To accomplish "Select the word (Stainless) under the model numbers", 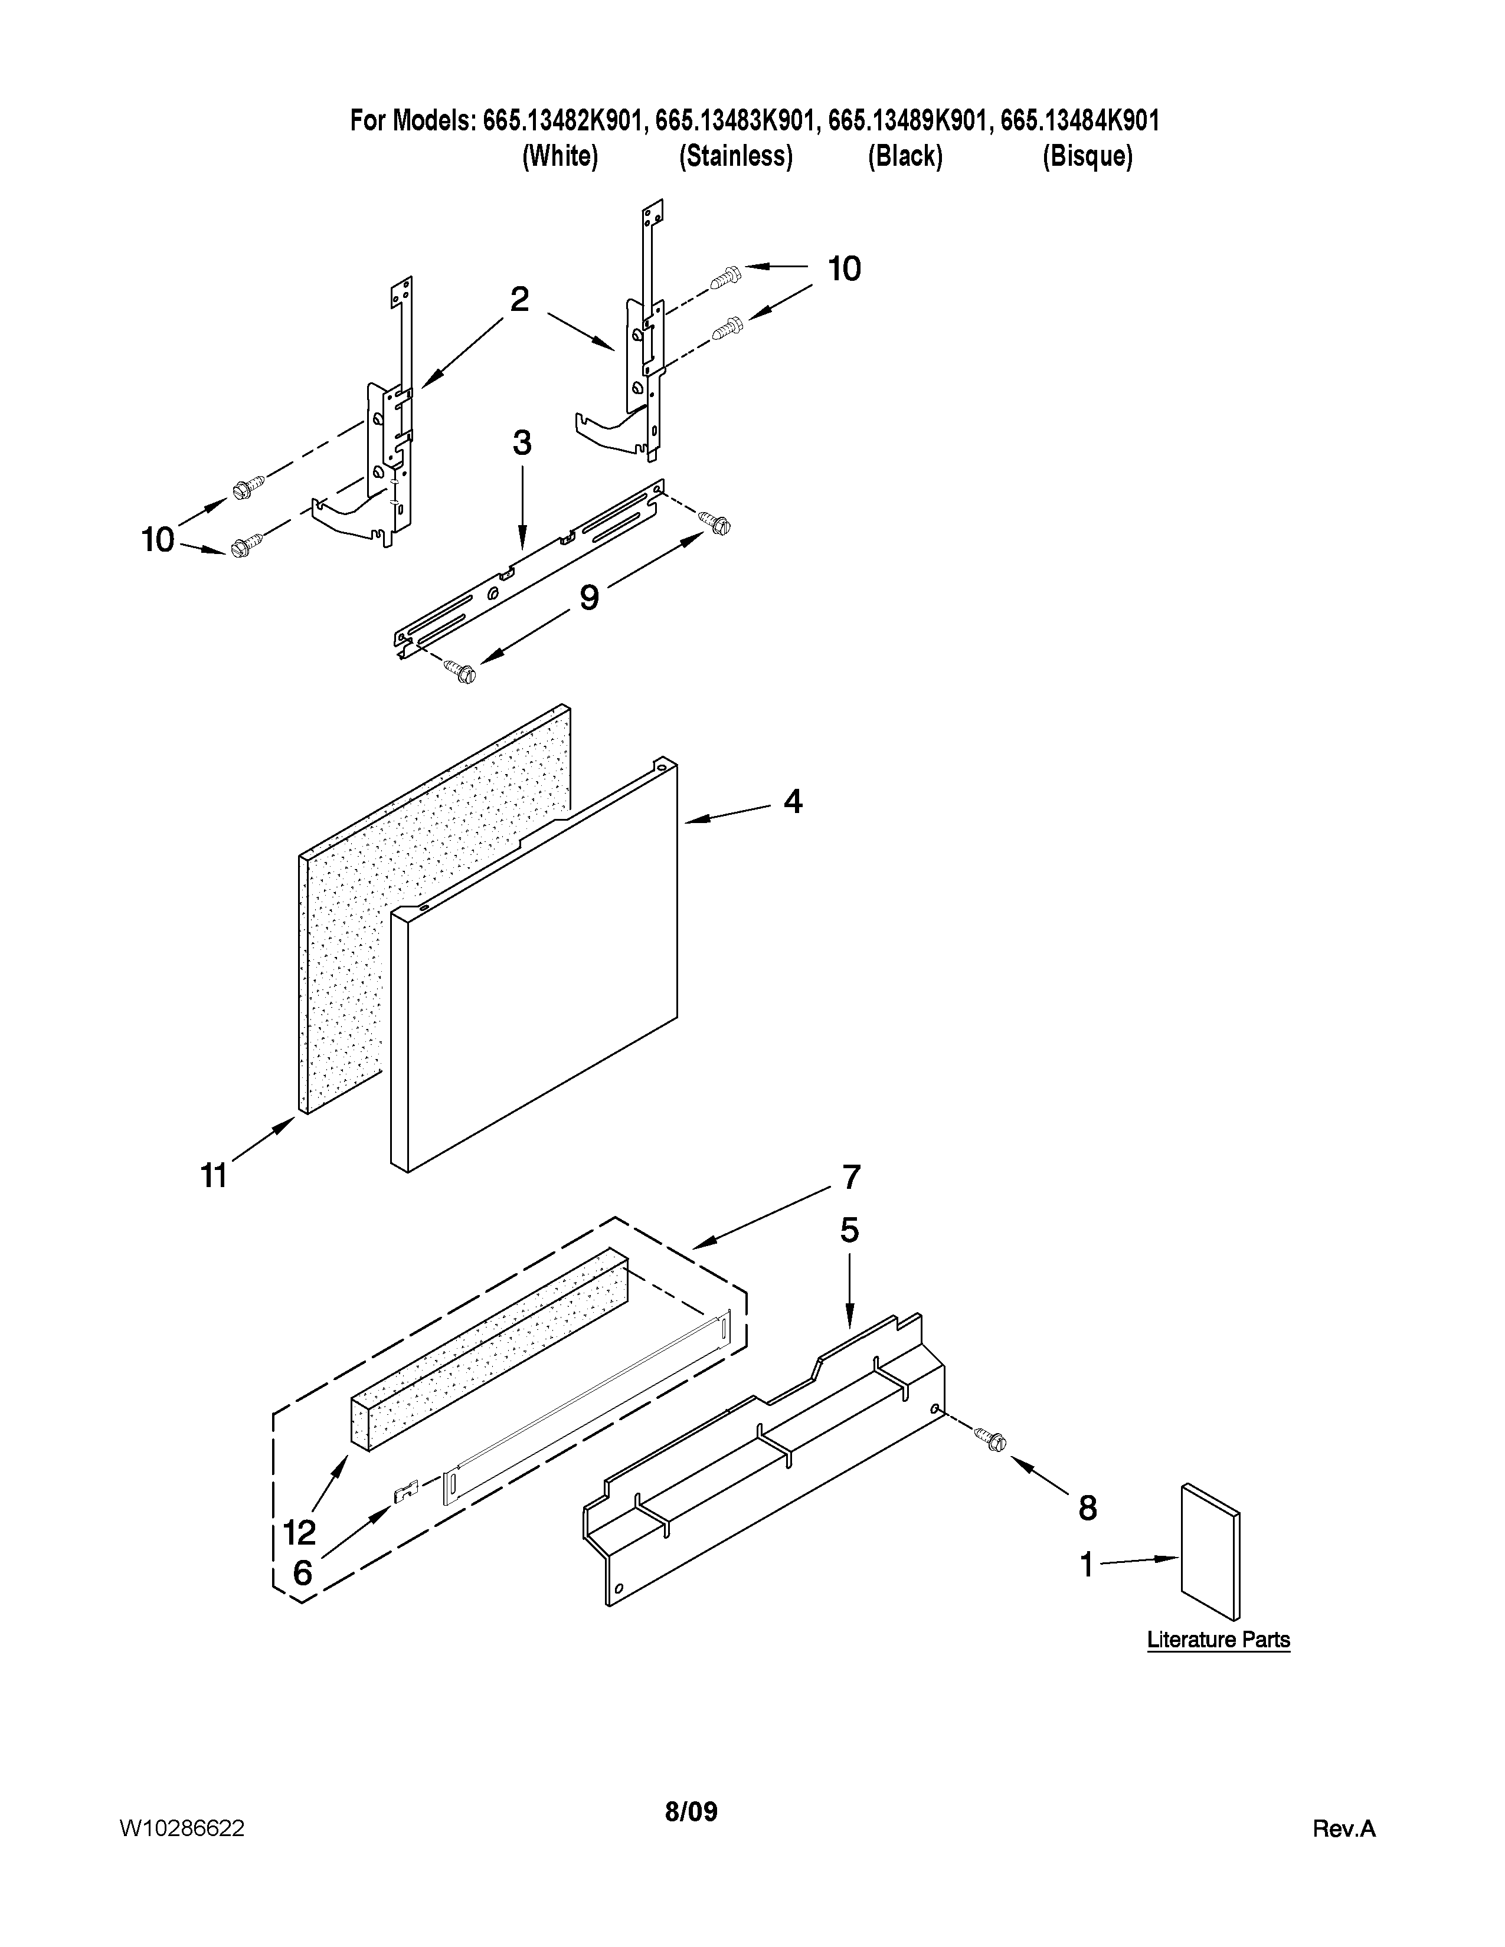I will point(735,157).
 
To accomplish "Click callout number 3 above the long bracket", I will point(522,443).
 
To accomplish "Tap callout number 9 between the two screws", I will point(590,597).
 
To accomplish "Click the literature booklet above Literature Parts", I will point(1210,1552).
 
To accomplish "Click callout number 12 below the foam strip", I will point(300,1532).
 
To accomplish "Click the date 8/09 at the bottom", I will point(691,1811).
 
